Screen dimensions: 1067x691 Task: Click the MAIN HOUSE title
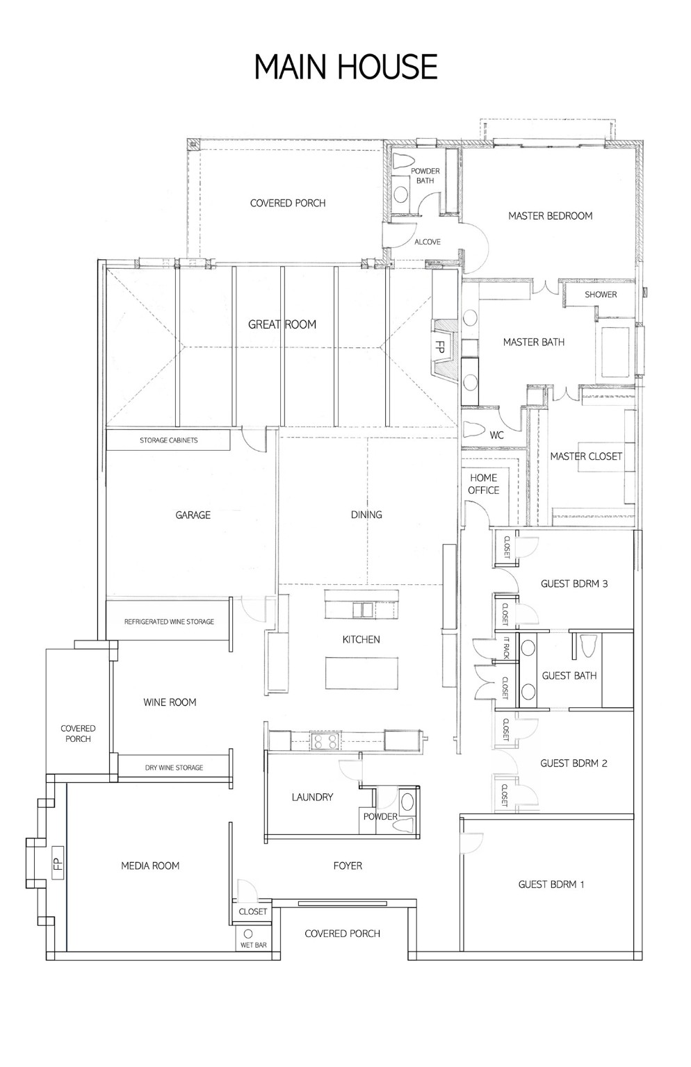pyautogui.click(x=345, y=67)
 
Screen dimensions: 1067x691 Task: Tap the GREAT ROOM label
pyautogui.click(x=282, y=324)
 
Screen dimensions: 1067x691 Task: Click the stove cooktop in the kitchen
pyautogui.click(x=324, y=741)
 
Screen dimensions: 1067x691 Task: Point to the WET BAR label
pyautogui.click(x=254, y=945)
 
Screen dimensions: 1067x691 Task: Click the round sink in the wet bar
pyautogui.click(x=248, y=934)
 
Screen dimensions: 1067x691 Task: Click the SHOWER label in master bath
pyautogui.click(x=601, y=295)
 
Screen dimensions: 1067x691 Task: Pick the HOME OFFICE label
pyautogui.click(x=483, y=484)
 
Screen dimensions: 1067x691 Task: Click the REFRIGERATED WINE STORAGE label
pyautogui.click(x=169, y=622)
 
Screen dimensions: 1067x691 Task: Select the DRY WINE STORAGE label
pyautogui.click(x=174, y=768)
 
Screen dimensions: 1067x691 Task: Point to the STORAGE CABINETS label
pyautogui.click(x=168, y=440)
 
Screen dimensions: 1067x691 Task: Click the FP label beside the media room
pyautogui.click(x=58, y=862)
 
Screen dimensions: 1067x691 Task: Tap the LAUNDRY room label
pyautogui.click(x=312, y=797)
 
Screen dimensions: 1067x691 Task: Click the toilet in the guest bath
pyautogui.click(x=589, y=646)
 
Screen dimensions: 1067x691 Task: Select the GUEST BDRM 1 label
pyautogui.click(x=551, y=884)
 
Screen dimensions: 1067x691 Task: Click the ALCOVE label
pyautogui.click(x=428, y=242)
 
